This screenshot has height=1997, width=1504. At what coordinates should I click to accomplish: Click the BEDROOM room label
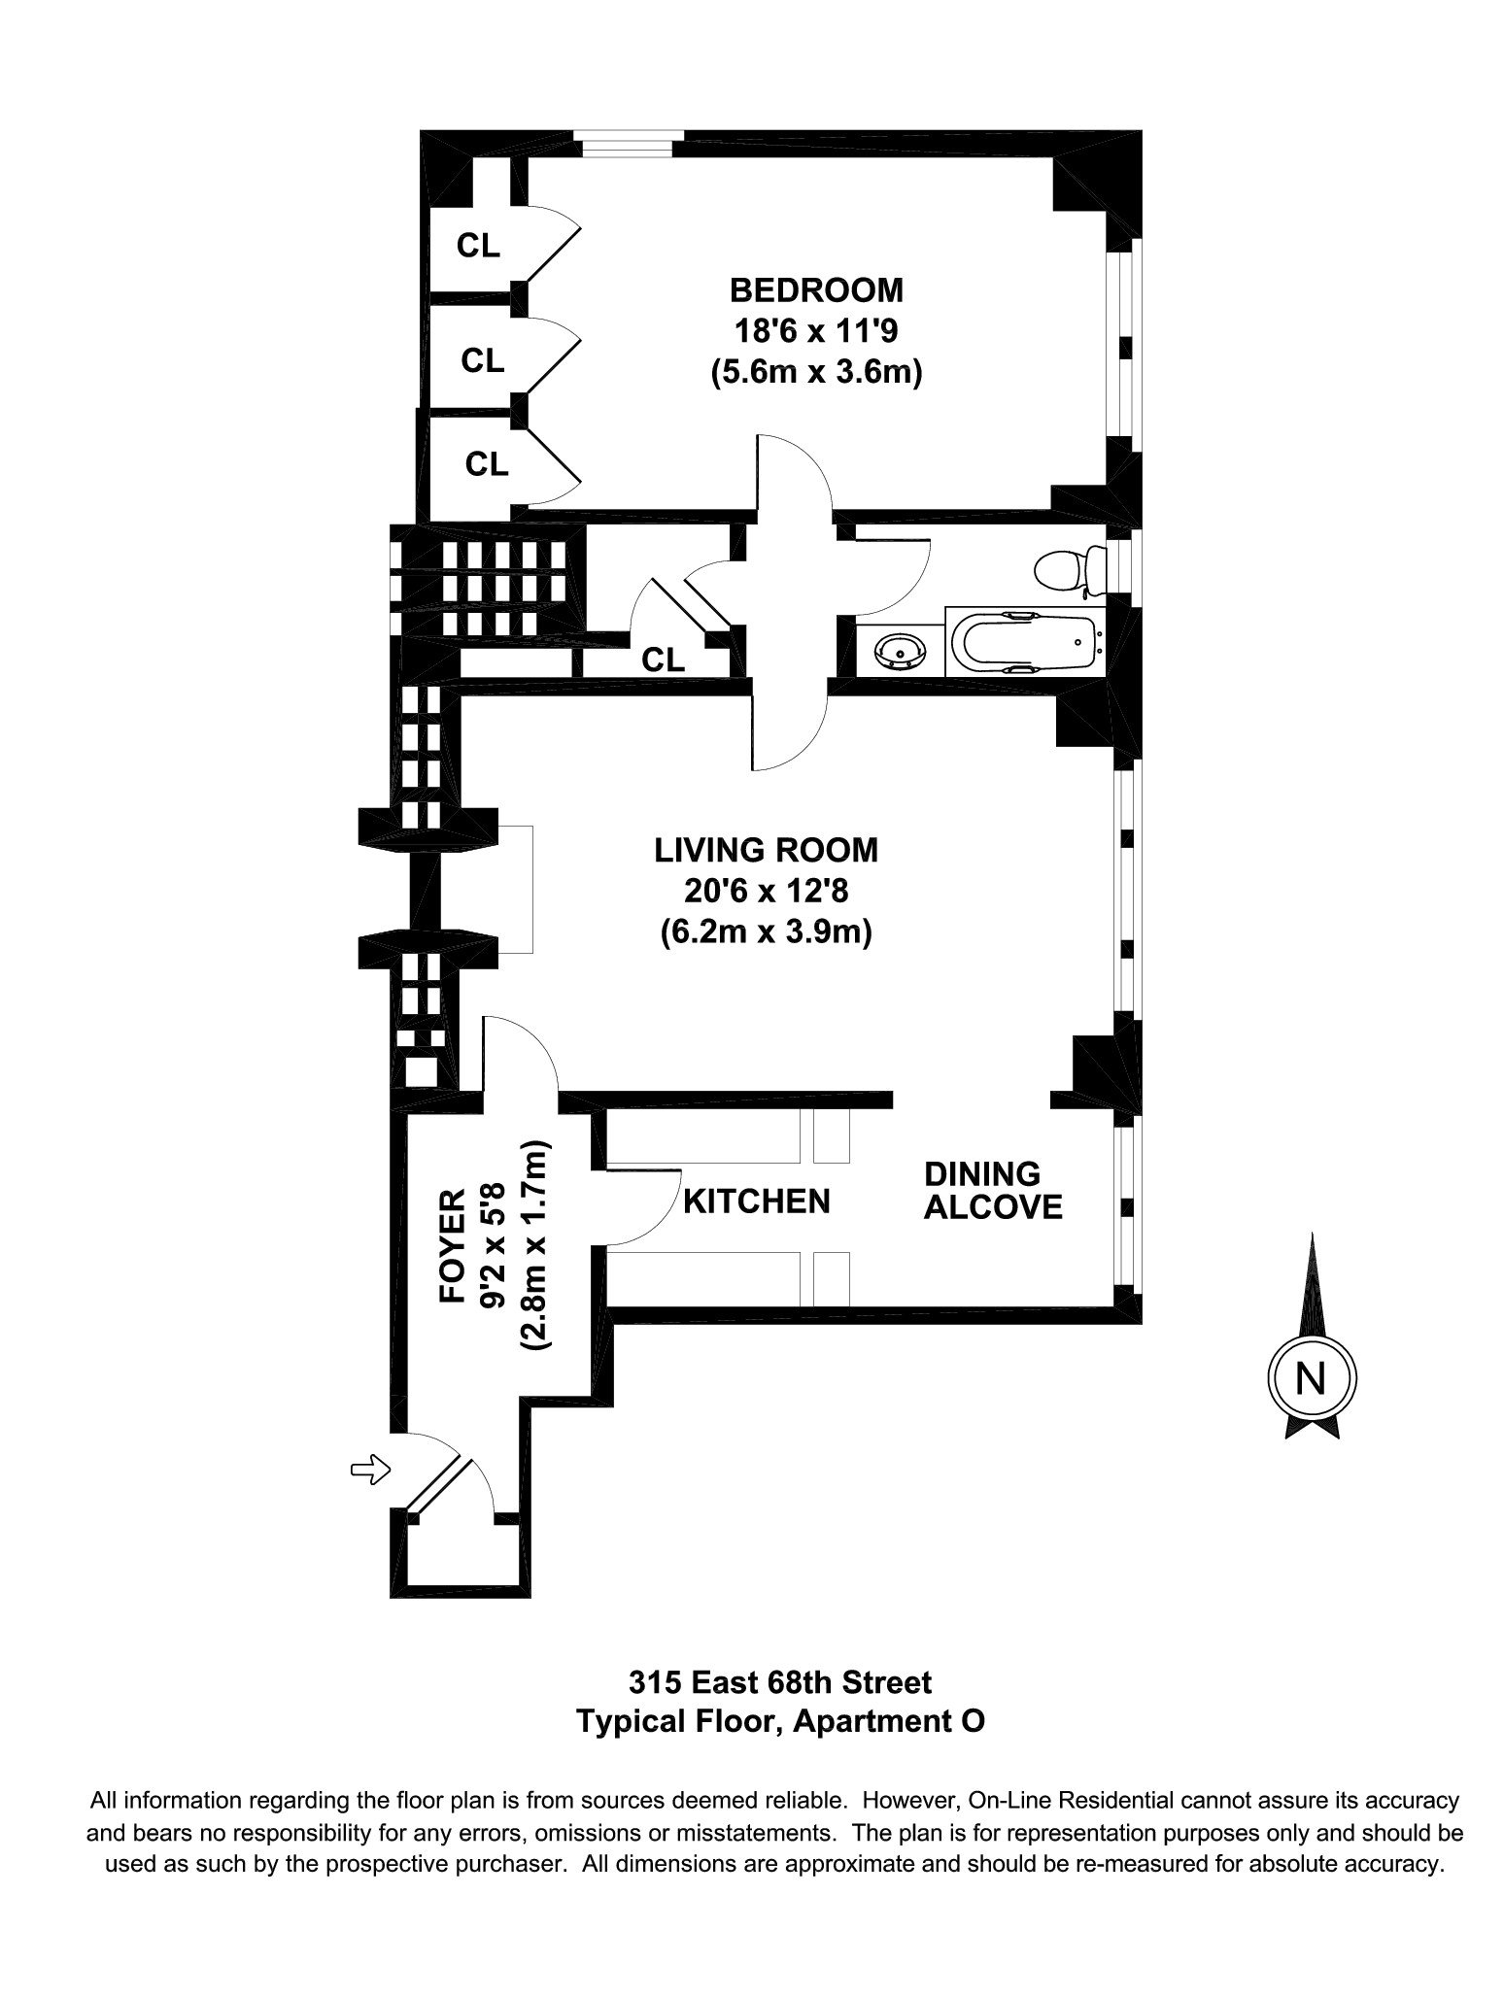click(x=816, y=290)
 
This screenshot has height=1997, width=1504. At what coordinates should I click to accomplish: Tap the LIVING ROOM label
click(x=766, y=850)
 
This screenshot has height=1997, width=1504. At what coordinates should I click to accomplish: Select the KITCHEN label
click(x=757, y=1202)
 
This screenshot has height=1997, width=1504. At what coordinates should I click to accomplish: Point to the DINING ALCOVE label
click(x=992, y=1191)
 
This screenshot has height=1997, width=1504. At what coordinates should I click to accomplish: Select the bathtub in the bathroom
click(x=1026, y=641)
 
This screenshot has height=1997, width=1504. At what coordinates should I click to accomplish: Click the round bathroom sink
click(x=899, y=651)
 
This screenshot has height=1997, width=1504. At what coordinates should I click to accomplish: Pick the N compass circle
click(x=1312, y=1379)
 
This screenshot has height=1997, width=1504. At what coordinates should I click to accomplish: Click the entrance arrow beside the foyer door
click(x=369, y=1471)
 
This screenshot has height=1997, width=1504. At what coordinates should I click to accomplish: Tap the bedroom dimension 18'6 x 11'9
click(x=816, y=331)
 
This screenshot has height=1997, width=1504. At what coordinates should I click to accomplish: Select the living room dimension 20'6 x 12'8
click(x=766, y=891)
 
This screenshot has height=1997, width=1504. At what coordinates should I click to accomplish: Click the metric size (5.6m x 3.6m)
click(x=816, y=372)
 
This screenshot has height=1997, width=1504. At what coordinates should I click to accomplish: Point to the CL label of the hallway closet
click(x=663, y=660)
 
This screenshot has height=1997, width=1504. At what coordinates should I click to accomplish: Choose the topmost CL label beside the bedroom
click(x=478, y=247)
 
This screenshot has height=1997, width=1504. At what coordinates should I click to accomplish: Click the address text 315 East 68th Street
click(x=780, y=1681)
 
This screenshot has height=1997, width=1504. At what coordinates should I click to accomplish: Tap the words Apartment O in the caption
click(x=889, y=1721)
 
